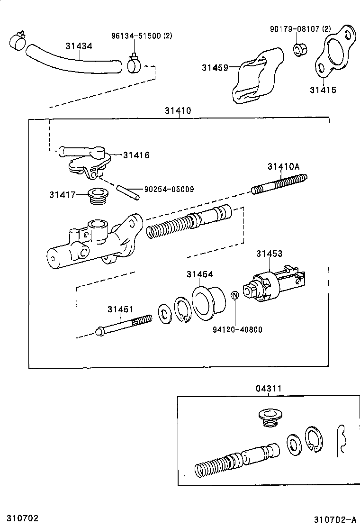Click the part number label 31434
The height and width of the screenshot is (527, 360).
(x=79, y=46)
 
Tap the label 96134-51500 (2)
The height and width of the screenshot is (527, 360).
(x=142, y=36)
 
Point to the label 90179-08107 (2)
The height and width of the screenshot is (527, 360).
(x=300, y=29)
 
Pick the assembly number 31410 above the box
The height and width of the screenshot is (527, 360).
(x=178, y=111)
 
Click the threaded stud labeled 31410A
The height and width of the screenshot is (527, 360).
(x=279, y=184)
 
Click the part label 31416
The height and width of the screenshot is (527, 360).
(x=136, y=155)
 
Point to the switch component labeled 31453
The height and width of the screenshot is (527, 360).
(x=272, y=286)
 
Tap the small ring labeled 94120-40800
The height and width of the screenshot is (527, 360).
(x=234, y=295)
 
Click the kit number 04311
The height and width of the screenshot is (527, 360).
(x=269, y=389)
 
